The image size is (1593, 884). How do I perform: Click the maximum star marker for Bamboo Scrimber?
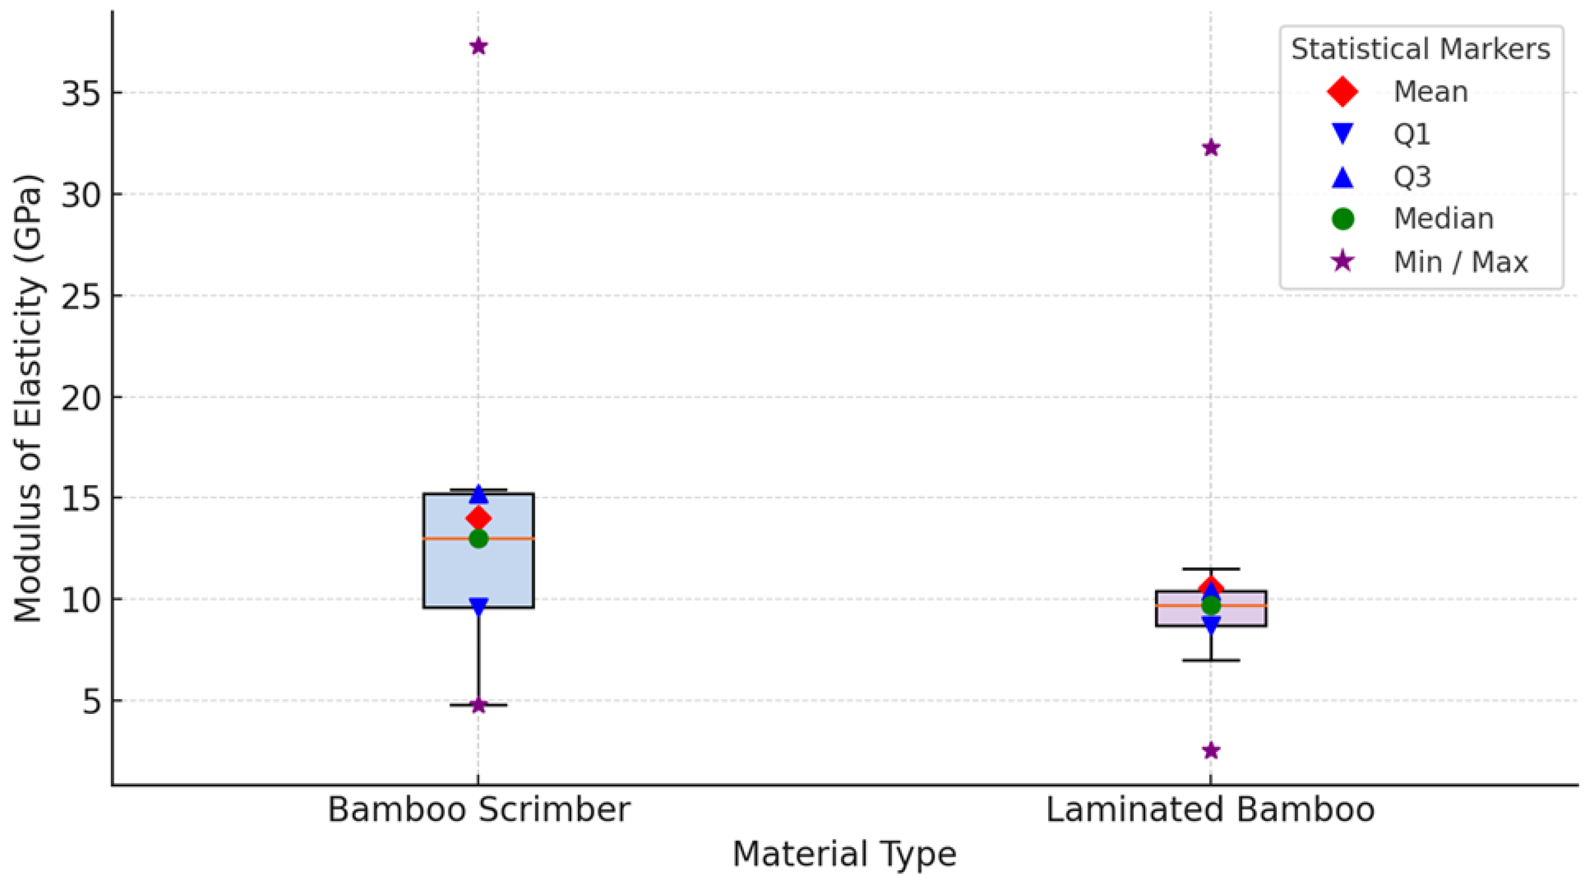479,47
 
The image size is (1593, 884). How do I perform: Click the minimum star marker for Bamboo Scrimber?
479,705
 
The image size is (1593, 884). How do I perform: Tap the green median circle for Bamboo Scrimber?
479,539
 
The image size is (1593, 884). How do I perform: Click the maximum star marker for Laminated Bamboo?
1211,148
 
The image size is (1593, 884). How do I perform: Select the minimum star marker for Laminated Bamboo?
1211,750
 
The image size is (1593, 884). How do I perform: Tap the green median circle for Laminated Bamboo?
1211,605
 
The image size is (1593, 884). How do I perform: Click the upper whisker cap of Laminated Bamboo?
1211,569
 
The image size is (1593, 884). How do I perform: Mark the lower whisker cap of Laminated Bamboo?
1211,660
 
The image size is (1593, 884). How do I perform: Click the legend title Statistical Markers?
1420,49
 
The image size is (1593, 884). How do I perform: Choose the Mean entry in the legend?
1431,92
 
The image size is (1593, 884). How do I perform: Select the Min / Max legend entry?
1460,263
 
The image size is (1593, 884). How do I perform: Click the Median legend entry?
1443,219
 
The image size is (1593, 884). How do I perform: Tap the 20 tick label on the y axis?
82,397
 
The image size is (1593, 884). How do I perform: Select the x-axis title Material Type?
844,854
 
